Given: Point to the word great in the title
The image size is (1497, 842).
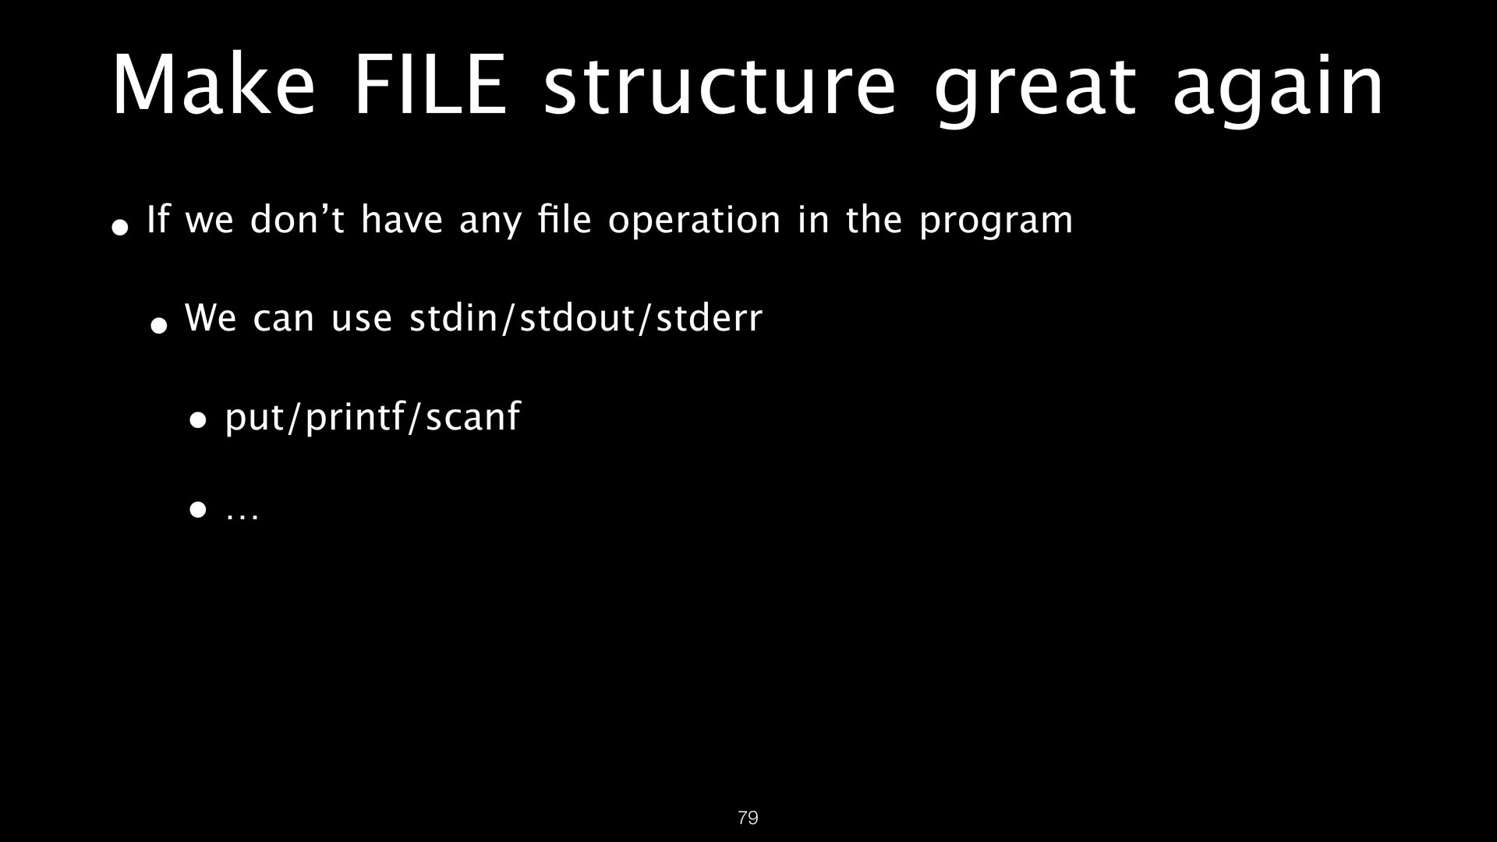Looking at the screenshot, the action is click(1033, 93).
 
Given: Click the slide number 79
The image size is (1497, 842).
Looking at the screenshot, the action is click(748, 818).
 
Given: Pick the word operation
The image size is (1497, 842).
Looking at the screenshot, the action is click(694, 222).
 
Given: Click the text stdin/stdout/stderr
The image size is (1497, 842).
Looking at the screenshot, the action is click(586, 318).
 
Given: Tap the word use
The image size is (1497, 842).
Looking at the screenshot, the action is click(361, 322).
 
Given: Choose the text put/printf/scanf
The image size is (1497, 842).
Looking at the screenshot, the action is click(372, 417).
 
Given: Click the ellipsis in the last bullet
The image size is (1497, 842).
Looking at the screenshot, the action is click(242, 515).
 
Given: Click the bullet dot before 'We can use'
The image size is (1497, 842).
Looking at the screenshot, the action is click(159, 324).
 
